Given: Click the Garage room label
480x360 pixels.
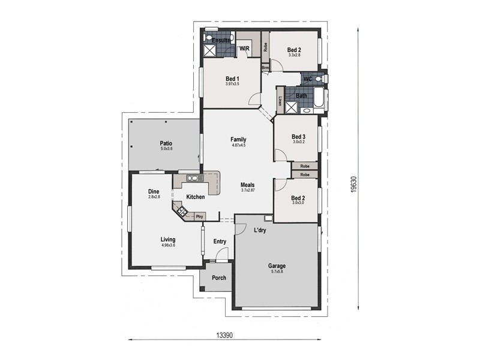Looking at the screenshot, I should [277, 265].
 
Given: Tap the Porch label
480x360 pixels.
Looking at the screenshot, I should [219, 278].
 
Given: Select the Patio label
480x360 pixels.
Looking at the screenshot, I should [166, 143].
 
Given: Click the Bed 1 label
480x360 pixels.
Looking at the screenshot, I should [233, 79].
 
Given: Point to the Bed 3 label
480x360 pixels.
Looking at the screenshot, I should [299, 137].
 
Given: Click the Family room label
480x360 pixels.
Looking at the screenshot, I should [239, 139].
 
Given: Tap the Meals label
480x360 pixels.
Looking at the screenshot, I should [248, 185].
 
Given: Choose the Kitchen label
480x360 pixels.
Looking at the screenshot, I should [196, 197].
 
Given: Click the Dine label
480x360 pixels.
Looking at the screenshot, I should [154, 192].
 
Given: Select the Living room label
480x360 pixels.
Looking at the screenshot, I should [168, 240].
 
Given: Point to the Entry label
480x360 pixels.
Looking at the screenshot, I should [220, 242].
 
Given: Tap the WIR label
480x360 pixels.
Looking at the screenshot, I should [245, 48].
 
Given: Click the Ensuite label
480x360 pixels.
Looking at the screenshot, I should [212, 41].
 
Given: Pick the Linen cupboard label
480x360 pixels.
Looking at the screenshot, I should [280, 100].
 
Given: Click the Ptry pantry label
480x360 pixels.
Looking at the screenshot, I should [199, 216].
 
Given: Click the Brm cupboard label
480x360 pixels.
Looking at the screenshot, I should [265, 68].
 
